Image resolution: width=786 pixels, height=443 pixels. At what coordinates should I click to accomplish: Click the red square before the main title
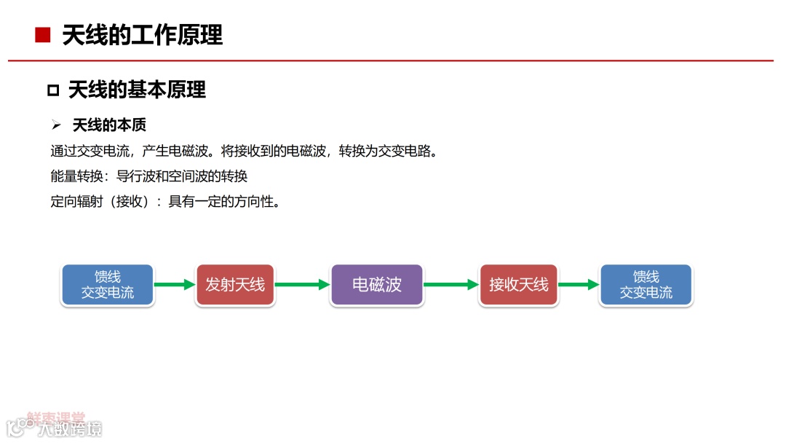(x=43, y=35)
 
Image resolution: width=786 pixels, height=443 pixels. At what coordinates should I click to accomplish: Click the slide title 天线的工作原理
(x=142, y=35)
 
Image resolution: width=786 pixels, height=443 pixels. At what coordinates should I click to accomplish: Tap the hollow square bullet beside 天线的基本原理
(x=52, y=90)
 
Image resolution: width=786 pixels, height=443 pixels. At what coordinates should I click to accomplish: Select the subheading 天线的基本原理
(x=137, y=90)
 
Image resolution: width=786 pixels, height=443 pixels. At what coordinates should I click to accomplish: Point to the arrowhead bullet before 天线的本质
(x=56, y=126)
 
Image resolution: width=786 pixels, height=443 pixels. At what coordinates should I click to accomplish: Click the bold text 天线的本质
(x=109, y=125)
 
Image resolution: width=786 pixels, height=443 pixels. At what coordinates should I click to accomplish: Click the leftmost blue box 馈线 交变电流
(x=108, y=285)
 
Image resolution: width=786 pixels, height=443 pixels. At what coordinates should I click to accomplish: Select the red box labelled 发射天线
(x=235, y=285)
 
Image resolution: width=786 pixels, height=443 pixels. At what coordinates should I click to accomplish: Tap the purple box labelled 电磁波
(x=377, y=285)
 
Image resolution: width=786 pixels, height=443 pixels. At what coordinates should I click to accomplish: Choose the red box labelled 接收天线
(x=519, y=285)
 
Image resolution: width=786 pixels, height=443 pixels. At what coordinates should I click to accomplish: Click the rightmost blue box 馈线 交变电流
(x=646, y=285)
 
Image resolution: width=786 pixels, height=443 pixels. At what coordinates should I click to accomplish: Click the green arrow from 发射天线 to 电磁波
(x=303, y=285)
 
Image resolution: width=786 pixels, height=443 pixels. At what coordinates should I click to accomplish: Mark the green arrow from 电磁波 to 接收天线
(x=450, y=285)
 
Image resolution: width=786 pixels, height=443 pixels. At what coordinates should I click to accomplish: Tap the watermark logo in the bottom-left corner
(x=55, y=425)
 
